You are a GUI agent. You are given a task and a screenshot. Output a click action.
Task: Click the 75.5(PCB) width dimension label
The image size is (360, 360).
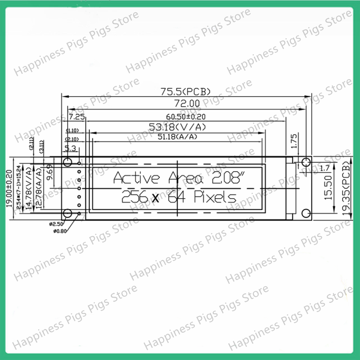tap(185, 92)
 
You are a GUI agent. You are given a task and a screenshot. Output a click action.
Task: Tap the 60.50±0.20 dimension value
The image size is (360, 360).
tap(186, 117)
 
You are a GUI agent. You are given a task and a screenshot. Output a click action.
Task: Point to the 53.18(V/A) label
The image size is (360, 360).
tap(177, 127)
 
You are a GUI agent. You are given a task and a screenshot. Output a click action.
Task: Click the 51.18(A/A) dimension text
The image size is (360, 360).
tap(177, 136)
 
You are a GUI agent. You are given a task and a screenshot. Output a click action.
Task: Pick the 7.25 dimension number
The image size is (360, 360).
tap(76, 117)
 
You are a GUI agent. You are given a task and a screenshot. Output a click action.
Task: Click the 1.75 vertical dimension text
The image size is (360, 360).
tap(294, 141)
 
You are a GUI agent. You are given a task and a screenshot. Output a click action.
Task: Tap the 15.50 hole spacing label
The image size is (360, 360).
tap(328, 188)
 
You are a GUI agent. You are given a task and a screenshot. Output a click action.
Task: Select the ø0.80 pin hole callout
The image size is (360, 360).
tap(59, 231)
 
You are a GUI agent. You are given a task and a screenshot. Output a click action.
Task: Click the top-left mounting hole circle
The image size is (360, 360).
tap(67, 162)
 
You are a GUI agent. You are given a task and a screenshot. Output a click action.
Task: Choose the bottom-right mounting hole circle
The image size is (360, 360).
tap(306, 213)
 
